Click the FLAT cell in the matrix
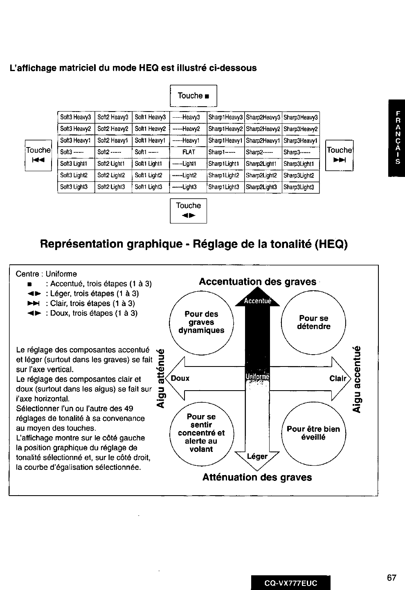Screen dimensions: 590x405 tap(189, 152)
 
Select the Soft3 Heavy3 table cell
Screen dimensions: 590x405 tap(76, 118)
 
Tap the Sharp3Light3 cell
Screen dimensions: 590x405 tap(300, 188)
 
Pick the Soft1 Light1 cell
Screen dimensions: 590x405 tap(150, 164)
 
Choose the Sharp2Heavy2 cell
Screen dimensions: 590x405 tap(263, 129)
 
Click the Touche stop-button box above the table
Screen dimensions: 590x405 tap(193, 96)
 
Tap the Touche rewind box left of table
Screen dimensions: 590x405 tap(38, 155)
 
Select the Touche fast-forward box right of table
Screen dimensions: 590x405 tap(339, 155)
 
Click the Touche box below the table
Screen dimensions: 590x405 tap(189, 210)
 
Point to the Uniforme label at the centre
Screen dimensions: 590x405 tap(257, 377)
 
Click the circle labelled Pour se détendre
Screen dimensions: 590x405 tap(314, 322)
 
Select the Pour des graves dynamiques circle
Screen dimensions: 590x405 tap(201, 322)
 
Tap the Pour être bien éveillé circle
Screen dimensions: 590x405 tap(314, 433)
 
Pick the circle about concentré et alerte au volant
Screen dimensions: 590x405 tap(201, 433)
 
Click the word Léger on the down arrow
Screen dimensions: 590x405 tap(257, 456)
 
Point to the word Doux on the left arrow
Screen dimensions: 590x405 tap(180, 378)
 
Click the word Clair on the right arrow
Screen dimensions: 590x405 tap(337, 378)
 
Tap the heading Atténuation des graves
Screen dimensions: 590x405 tap(257, 477)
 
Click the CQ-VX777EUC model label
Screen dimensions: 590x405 tap(291, 583)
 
